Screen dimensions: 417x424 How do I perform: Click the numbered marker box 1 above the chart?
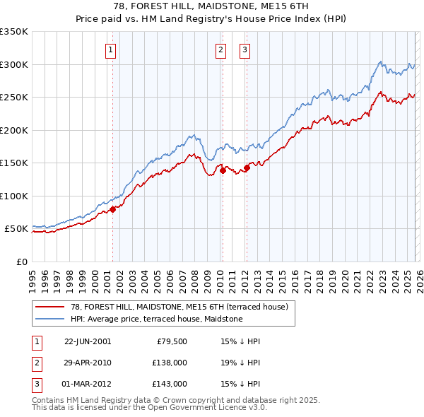112,49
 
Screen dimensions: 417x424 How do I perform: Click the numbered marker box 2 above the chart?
221,49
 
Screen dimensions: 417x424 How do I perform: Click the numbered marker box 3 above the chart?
245,49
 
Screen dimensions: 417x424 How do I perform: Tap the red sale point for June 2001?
112,208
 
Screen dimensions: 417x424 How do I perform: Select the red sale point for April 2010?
222,170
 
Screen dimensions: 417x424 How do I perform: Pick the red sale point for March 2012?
247,168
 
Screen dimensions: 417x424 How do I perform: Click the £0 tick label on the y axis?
21,262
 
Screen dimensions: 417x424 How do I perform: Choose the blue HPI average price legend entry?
156,319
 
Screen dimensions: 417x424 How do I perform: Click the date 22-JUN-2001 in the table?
88,341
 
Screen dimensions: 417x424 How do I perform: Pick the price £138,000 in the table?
170,363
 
